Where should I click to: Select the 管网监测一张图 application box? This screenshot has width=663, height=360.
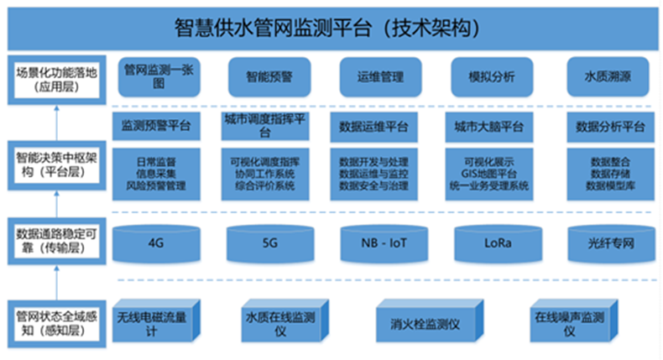tap(155, 77)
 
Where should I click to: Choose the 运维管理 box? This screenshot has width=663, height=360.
tap(373, 78)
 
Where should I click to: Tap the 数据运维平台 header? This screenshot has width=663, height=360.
tap(373, 128)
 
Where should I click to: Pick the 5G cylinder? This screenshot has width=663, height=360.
tap(264, 243)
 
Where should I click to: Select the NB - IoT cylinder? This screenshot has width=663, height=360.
tap(376, 243)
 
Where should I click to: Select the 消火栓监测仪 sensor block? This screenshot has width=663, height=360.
tap(428, 324)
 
